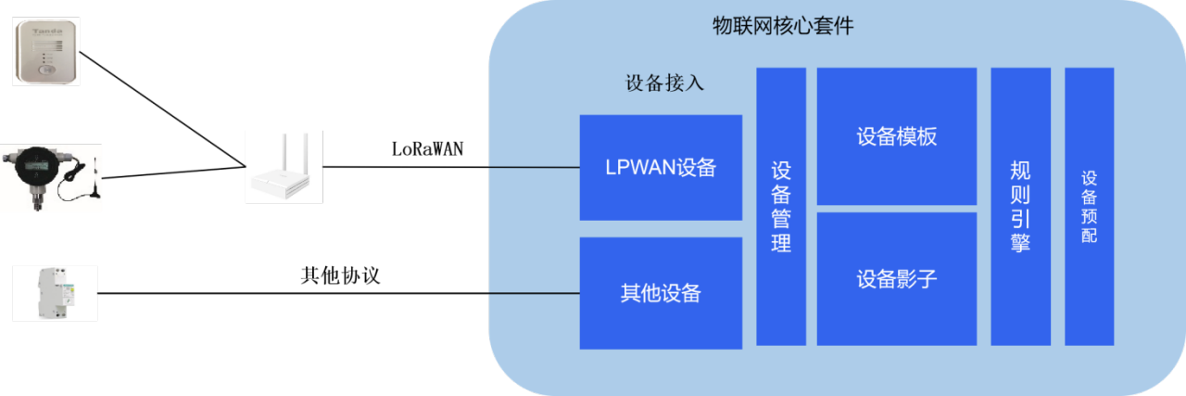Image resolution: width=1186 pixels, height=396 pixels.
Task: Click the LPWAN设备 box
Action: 661,167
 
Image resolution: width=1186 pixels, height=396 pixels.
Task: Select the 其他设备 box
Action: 661,293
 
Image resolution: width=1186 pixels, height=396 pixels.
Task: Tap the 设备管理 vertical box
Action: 781,206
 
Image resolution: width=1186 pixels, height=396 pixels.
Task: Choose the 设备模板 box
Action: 896,136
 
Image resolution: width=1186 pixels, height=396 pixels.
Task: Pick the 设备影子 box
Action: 896,278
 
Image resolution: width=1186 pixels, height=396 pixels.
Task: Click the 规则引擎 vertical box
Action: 1020,206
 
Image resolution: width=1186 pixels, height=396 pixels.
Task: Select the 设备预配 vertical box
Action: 1089,206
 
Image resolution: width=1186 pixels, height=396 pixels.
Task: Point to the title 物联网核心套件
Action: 782,26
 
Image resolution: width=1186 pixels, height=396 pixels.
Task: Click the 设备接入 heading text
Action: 665,83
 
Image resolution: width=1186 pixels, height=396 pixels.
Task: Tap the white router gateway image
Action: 284,167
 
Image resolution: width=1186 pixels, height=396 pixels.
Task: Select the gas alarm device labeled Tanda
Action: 45,52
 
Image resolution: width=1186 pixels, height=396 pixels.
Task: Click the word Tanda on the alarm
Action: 45,32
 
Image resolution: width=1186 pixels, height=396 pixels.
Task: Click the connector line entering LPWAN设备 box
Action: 533,168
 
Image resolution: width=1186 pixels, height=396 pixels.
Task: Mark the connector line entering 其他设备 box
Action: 533,293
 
